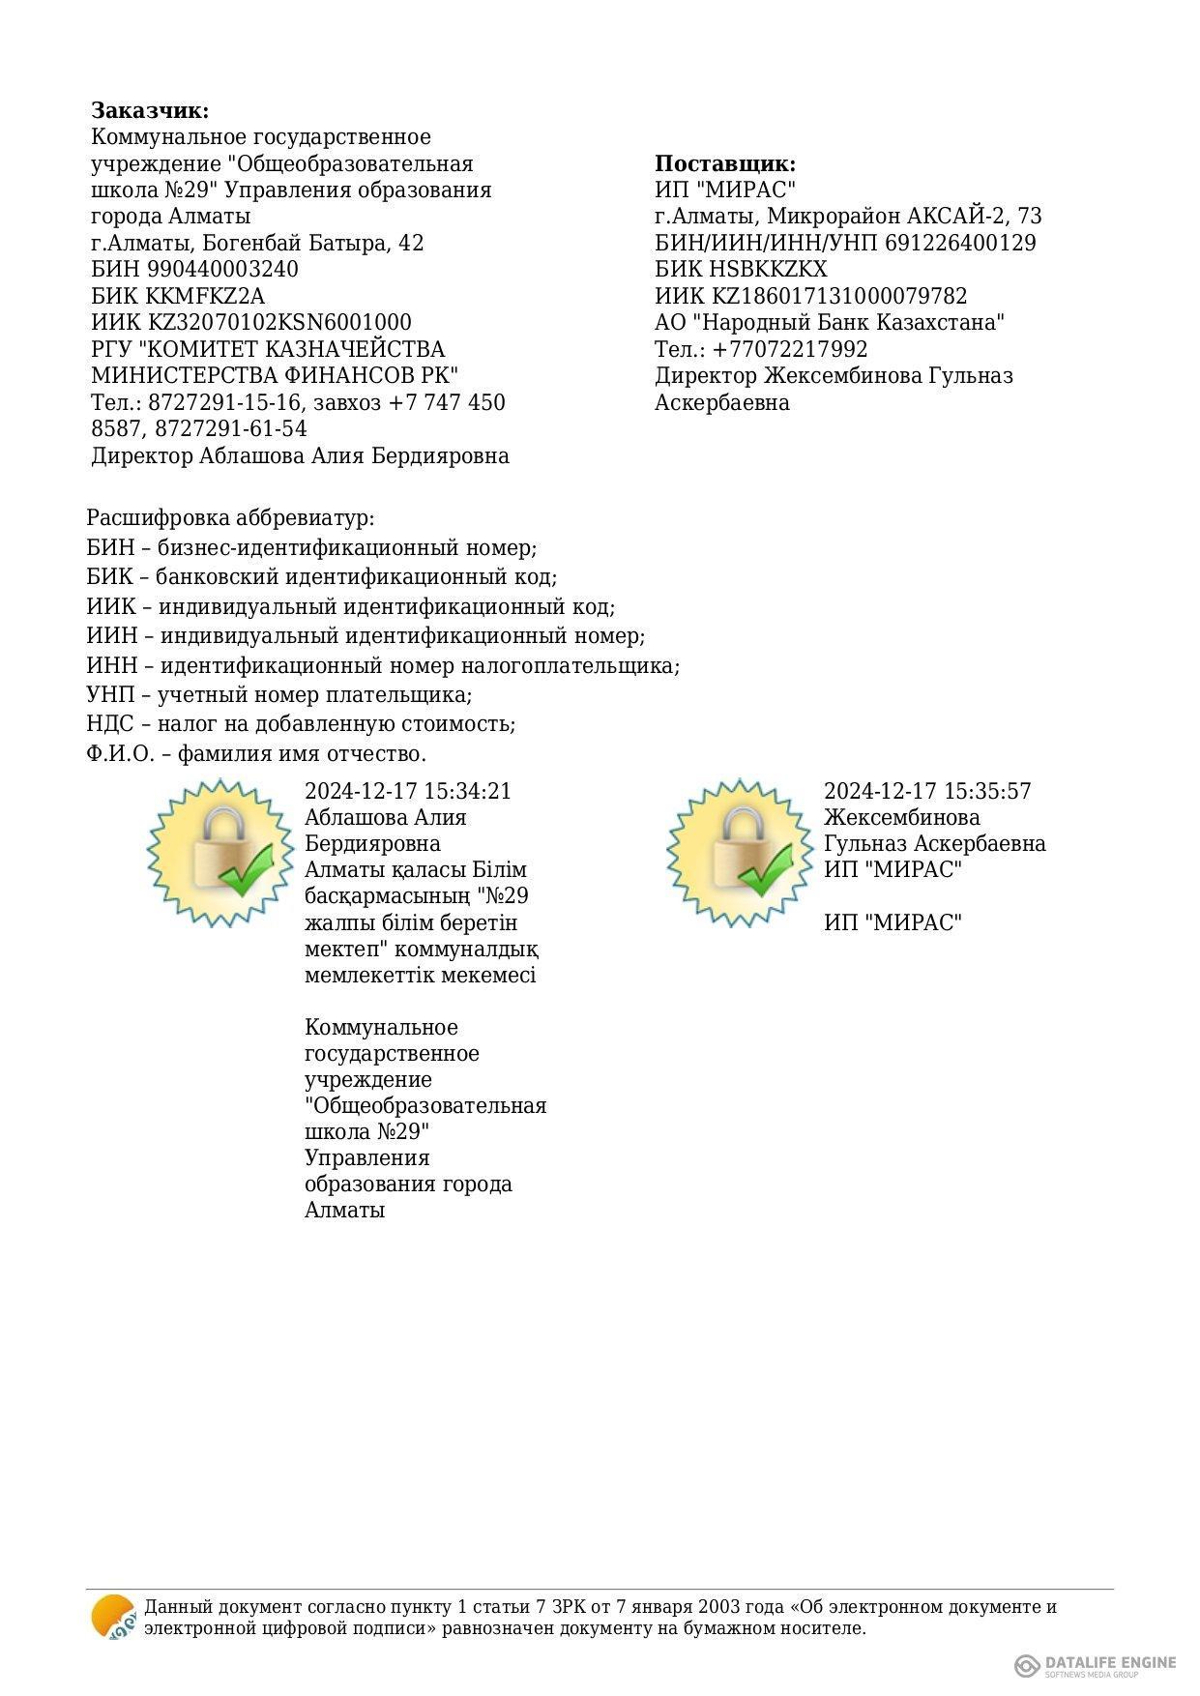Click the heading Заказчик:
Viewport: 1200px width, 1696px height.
tap(150, 110)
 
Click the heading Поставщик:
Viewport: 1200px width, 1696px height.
tap(725, 163)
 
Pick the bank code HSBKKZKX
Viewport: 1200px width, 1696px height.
tap(769, 269)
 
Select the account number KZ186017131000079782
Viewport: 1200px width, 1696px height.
tap(839, 296)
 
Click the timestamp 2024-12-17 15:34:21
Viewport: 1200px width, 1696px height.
tap(408, 791)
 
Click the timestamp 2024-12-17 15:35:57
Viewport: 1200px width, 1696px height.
tap(927, 791)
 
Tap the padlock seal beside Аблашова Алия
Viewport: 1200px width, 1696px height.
tap(220, 852)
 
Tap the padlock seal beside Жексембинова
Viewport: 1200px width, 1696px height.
tap(740, 852)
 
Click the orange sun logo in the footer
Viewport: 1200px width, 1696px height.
tap(113, 1617)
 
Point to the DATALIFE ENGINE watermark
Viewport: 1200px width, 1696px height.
tap(1096, 1665)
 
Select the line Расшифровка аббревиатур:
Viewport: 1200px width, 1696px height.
tap(230, 518)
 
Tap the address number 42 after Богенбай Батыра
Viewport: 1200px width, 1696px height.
tap(411, 243)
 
